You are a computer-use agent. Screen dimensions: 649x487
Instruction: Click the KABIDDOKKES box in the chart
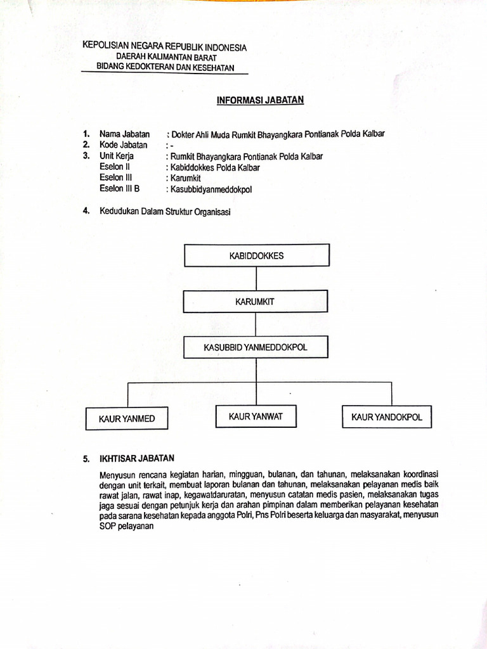click(x=256, y=255)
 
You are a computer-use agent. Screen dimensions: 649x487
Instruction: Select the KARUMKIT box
click(x=255, y=302)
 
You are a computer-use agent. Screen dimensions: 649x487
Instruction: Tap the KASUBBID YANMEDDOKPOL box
click(x=256, y=347)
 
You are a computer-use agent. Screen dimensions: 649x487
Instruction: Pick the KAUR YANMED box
click(x=127, y=418)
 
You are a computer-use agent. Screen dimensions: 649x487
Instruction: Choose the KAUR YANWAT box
click(x=256, y=416)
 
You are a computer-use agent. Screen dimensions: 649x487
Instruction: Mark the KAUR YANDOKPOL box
click(x=386, y=417)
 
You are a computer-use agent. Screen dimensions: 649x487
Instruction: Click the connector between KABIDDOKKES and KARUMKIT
click(x=256, y=279)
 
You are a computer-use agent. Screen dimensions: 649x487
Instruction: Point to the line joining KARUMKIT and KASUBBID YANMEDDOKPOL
click(x=256, y=324)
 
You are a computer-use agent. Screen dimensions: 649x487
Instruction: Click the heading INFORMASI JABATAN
click(x=261, y=100)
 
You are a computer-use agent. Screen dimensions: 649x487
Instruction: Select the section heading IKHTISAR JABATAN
click(x=136, y=458)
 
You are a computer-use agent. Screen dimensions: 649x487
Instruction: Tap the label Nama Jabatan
click(x=124, y=134)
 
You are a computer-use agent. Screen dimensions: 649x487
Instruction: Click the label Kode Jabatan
click(x=124, y=145)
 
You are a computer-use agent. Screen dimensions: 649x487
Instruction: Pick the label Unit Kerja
click(x=117, y=156)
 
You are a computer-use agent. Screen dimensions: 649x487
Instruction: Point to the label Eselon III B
click(x=119, y=188)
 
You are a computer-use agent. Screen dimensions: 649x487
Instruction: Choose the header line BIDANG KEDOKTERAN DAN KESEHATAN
click(x=165, y=67)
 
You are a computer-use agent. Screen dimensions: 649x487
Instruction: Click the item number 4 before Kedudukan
click(x=85, y=211)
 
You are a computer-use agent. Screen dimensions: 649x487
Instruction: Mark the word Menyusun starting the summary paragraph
click(x=117, y=473)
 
